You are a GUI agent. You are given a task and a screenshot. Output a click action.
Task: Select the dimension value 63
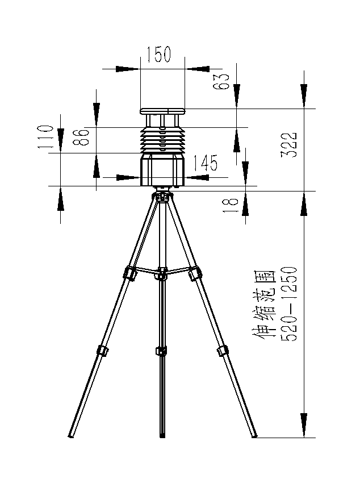click(x=222, y=81)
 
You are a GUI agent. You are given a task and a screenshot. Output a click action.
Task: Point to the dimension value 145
click(x=205, y=164)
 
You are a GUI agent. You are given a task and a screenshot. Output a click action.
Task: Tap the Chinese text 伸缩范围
click(x=263, y=303)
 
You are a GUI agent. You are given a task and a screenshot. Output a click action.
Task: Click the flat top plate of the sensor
click(x=162, y=110)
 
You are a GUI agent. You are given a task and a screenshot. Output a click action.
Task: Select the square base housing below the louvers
click(x=162, y=170)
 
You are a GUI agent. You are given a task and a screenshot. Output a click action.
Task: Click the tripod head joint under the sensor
click(x=162, y=197)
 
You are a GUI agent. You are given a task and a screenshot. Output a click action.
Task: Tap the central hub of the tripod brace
click(x=162, y=273)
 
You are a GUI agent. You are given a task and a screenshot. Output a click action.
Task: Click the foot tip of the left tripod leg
click(x=71, y=436)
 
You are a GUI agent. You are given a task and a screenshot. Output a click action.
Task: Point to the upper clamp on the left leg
click(x=129, y=273)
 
